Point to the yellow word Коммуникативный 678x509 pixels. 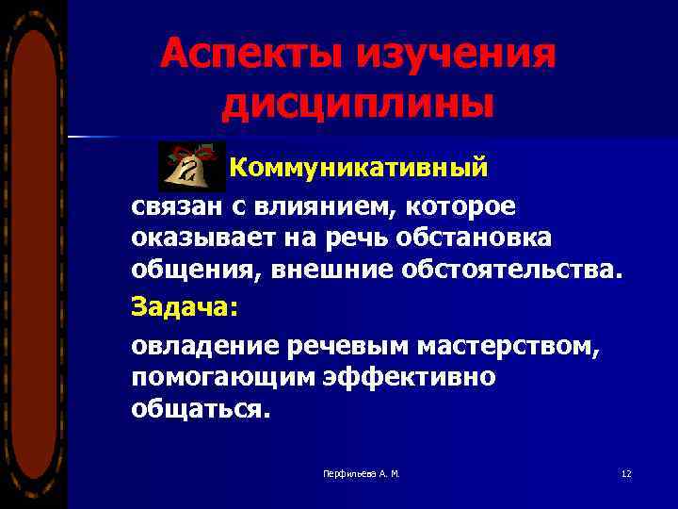click(x=360, y=168)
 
